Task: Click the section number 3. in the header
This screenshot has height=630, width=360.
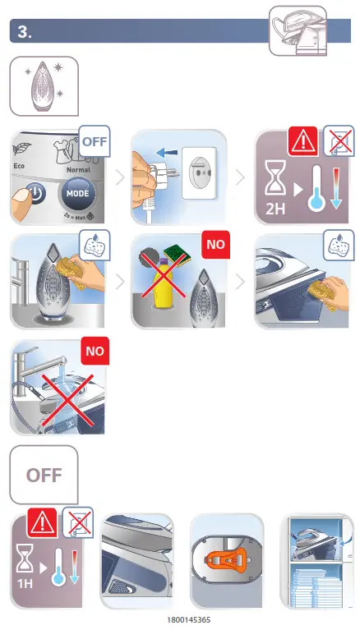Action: [25, 32]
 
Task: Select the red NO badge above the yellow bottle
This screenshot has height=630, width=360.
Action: [216, 246]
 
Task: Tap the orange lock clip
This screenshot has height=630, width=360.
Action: [227, 562]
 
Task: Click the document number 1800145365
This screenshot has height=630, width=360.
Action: [188, 619]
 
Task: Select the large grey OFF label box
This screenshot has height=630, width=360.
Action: [44, 475]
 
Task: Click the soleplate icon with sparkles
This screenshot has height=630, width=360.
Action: [44, 85]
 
